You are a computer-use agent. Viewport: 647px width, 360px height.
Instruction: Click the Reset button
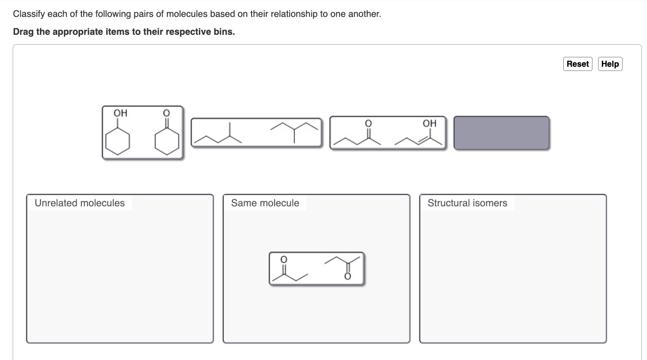577,64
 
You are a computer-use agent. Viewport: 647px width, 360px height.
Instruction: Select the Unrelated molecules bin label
79,203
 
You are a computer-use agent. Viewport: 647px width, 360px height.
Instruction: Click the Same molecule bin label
265,203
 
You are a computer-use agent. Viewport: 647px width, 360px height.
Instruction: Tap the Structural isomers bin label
467,203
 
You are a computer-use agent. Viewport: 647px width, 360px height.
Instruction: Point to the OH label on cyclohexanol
120,113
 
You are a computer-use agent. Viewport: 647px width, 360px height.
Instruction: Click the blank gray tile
501,133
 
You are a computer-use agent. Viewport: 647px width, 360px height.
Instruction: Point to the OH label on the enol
429,124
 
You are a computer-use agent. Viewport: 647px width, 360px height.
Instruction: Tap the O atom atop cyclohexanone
166,113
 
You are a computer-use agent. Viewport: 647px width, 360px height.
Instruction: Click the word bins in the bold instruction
224,32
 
